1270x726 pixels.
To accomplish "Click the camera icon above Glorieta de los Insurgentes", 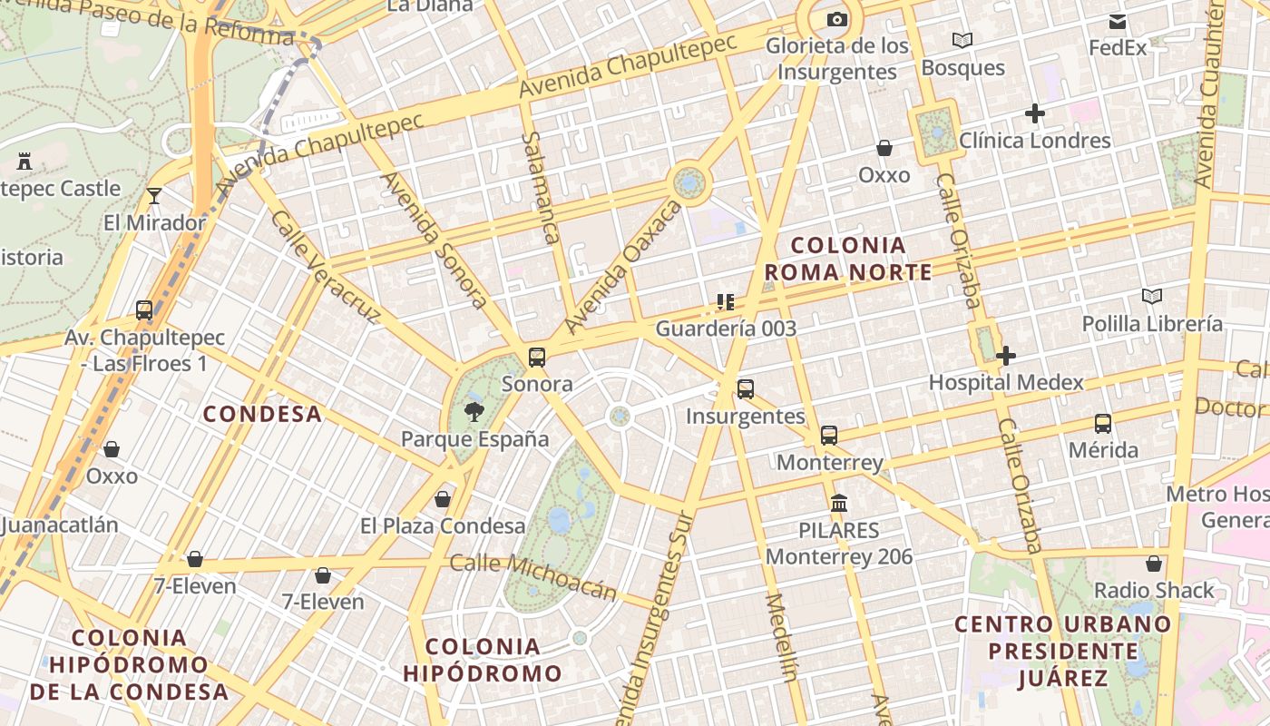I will pyautogui.click(x=836, y=19).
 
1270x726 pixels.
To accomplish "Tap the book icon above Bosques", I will pyautogui.click(x=962, y=40).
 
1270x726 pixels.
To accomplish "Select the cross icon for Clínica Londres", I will pyautogui.click(x=1034, y=113).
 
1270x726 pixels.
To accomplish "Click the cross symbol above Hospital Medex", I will pyautogui.click(x=1005, y=356).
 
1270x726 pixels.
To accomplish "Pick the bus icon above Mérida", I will pyautogui.click(x=1103, y=423).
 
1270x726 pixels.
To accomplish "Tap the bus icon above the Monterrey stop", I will pyautogui.click(x=829, y=435).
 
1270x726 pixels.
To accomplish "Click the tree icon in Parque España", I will pyautogui.click(x=474, y=413).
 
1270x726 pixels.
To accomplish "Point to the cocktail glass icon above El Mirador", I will pyautogui.click(x=154, y=195).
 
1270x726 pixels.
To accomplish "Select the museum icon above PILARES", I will pyautogui.click(x=839, y=503).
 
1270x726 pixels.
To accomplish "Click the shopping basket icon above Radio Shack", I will pyautogui.click(x=1153, y=564).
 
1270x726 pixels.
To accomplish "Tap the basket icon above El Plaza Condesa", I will pyautogui.click(x=443, y=499).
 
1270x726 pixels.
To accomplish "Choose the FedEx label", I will pyautogui.click(x=1118, y=47).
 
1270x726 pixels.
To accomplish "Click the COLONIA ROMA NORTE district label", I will pyautogui.click(x=848, y=259).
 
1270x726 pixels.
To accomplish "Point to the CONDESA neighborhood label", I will pyautogui.click(x=262, y=414).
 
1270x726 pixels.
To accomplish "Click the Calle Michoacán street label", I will pyautogui.click(x=533, y=577).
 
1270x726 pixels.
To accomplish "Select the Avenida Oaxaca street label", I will pyautogui.click(x=622, y=268).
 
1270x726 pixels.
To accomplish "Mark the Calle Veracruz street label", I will pyautogui.click(x=325, y=267).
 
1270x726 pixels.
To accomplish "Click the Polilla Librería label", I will pyautogui.click(x=1152, y=323).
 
